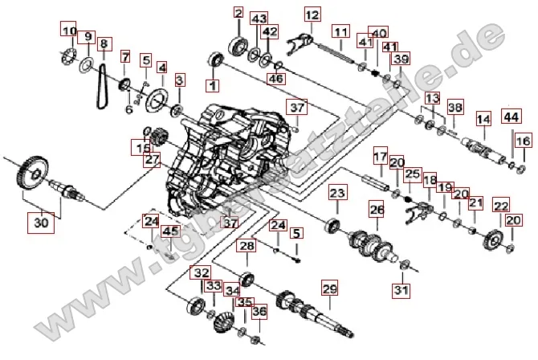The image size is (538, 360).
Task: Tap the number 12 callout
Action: coord(312,14)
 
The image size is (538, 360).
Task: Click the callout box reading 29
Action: coord(328,289)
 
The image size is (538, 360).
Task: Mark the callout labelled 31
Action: coord(401,289)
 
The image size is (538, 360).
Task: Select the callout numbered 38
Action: coord(454,107)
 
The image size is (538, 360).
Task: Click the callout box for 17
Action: coord(380,153)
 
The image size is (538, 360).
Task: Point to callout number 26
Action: coord(377,211)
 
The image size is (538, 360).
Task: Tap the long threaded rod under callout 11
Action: coord(341,57)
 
